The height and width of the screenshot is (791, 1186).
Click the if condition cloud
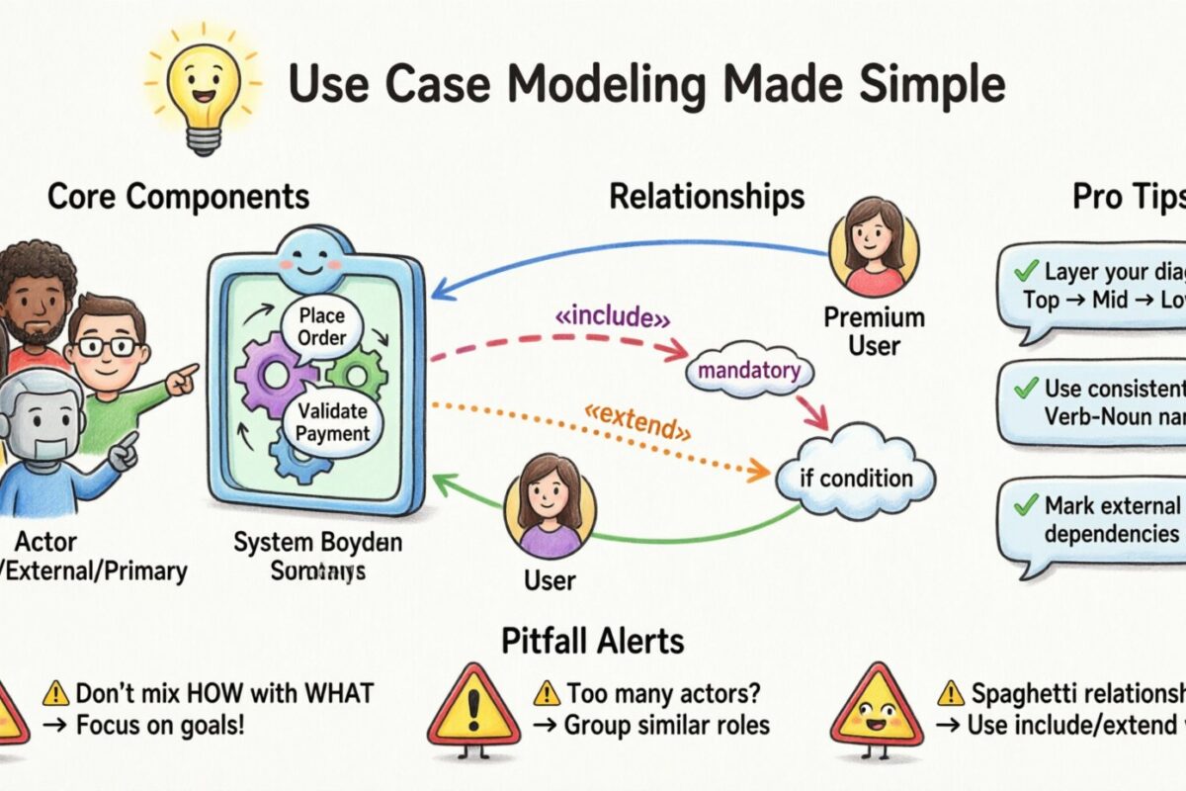856,479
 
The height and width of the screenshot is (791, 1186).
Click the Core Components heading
178,197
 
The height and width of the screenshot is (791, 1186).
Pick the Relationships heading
706,197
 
